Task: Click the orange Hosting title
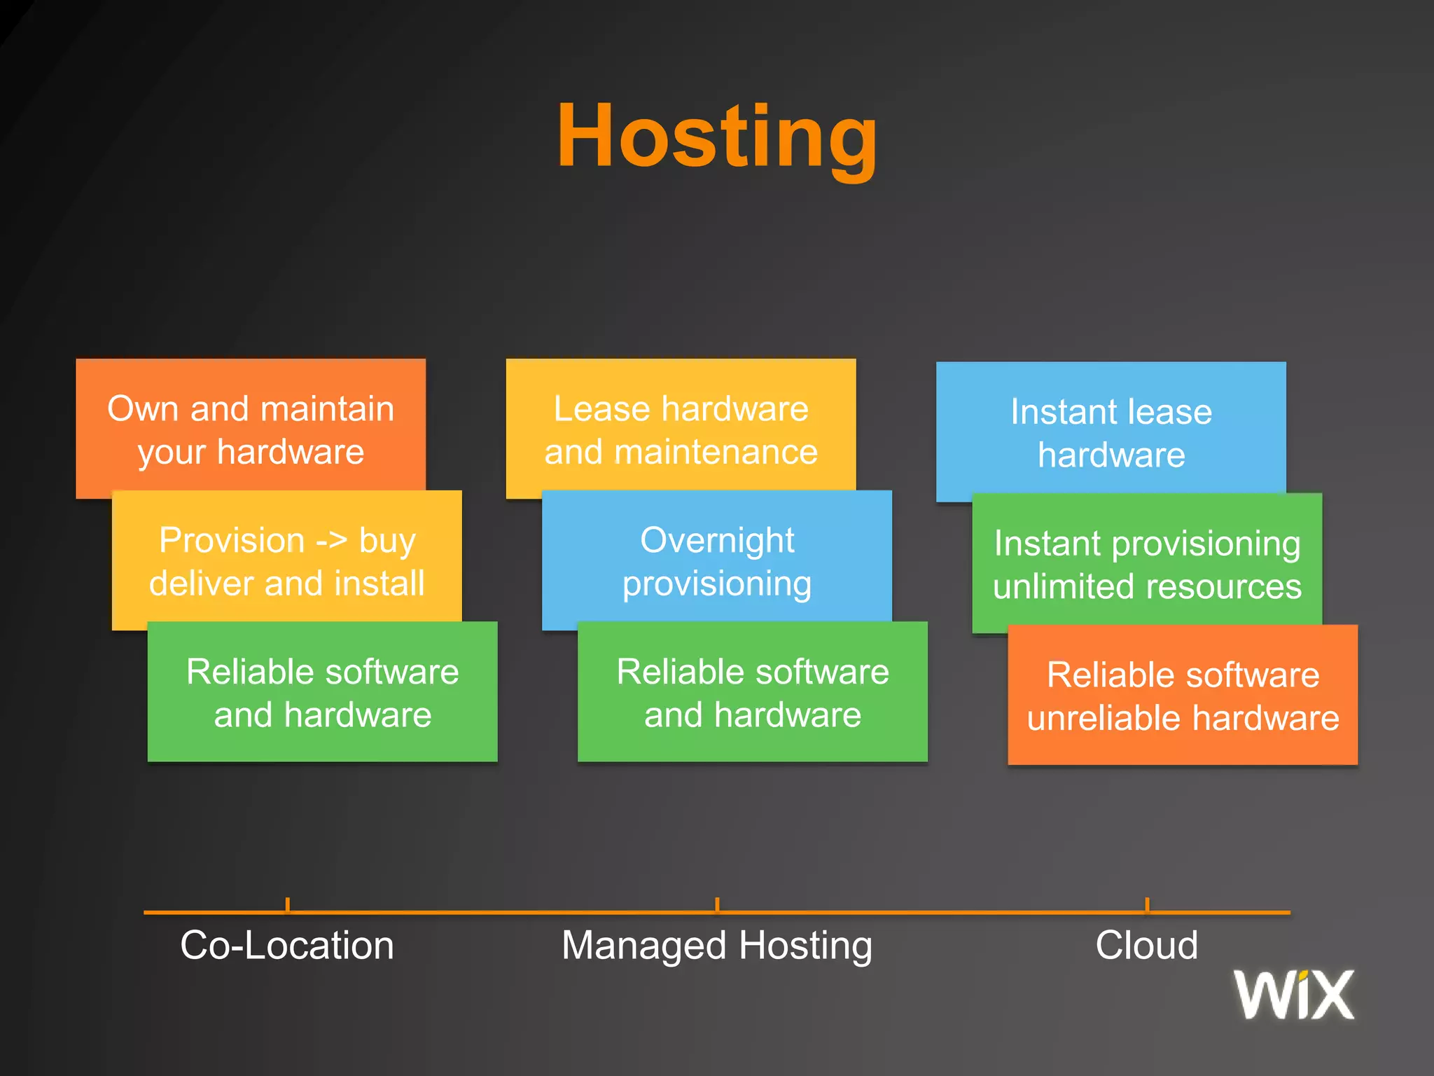pyautogui.click(x=717, y=137)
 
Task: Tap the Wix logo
pyautogui.click(x=1293, y=994)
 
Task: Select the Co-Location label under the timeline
pyautogui.click(x=287, y=945)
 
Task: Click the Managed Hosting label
pyautogui.click(x=717, y=946)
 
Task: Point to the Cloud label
pyautogui.click(x=1146, y=945)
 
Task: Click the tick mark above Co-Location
pyautogui.click(x=288, y=905)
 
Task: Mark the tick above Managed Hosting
pyautogui.click(x=717, y=905)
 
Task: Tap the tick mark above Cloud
pyautogui.click(x=1147, y=905)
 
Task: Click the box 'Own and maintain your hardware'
pyautogui.click(x=251, y=429)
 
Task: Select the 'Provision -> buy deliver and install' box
pyautogui.click(x=286, y=560)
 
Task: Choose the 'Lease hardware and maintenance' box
pyautogui.click(x=681, y=429)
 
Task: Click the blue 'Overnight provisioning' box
pyautogui.click(x=717, y=560)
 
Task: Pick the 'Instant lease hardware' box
pyautogui.click(x=1111, y=432)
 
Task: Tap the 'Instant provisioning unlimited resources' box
pyautogui.click(x=1147, y=564)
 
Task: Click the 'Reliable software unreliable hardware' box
pyautogui.click(x=1183, y=696)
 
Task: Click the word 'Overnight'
pyautogui.click(x=717, y=541)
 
